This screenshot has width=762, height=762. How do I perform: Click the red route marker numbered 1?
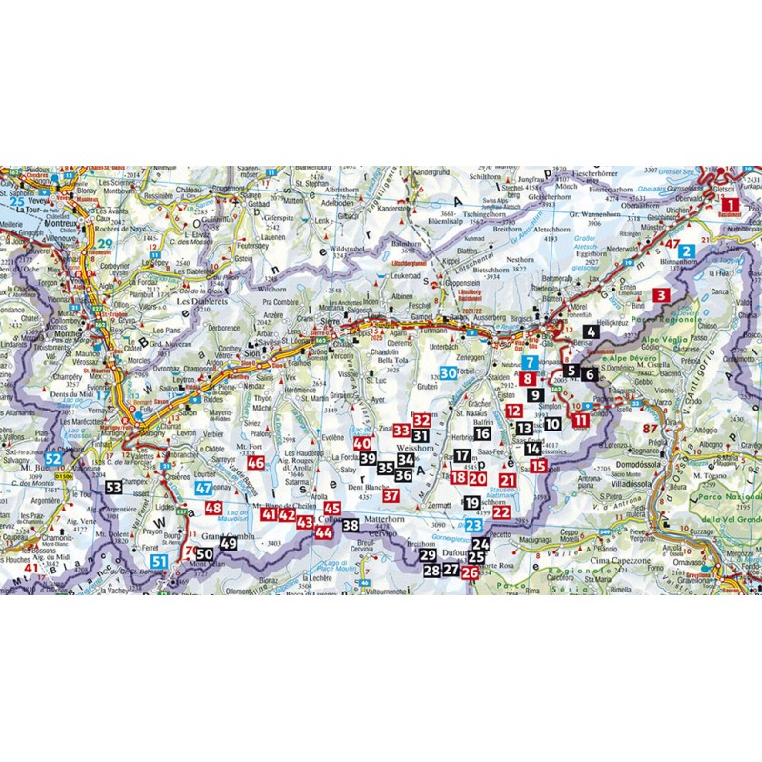coord(730,203)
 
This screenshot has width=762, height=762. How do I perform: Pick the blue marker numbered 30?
coord(592,331)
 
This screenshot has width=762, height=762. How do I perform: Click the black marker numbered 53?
coord(114,487)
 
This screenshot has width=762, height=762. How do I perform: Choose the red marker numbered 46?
coord(255,463)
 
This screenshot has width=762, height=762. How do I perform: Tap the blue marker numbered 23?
coord(474,525)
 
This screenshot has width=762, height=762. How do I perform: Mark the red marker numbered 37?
coord(391,494)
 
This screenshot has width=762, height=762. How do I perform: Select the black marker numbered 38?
coord(351,526)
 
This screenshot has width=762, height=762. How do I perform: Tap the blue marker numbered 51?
coord(160,562)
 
